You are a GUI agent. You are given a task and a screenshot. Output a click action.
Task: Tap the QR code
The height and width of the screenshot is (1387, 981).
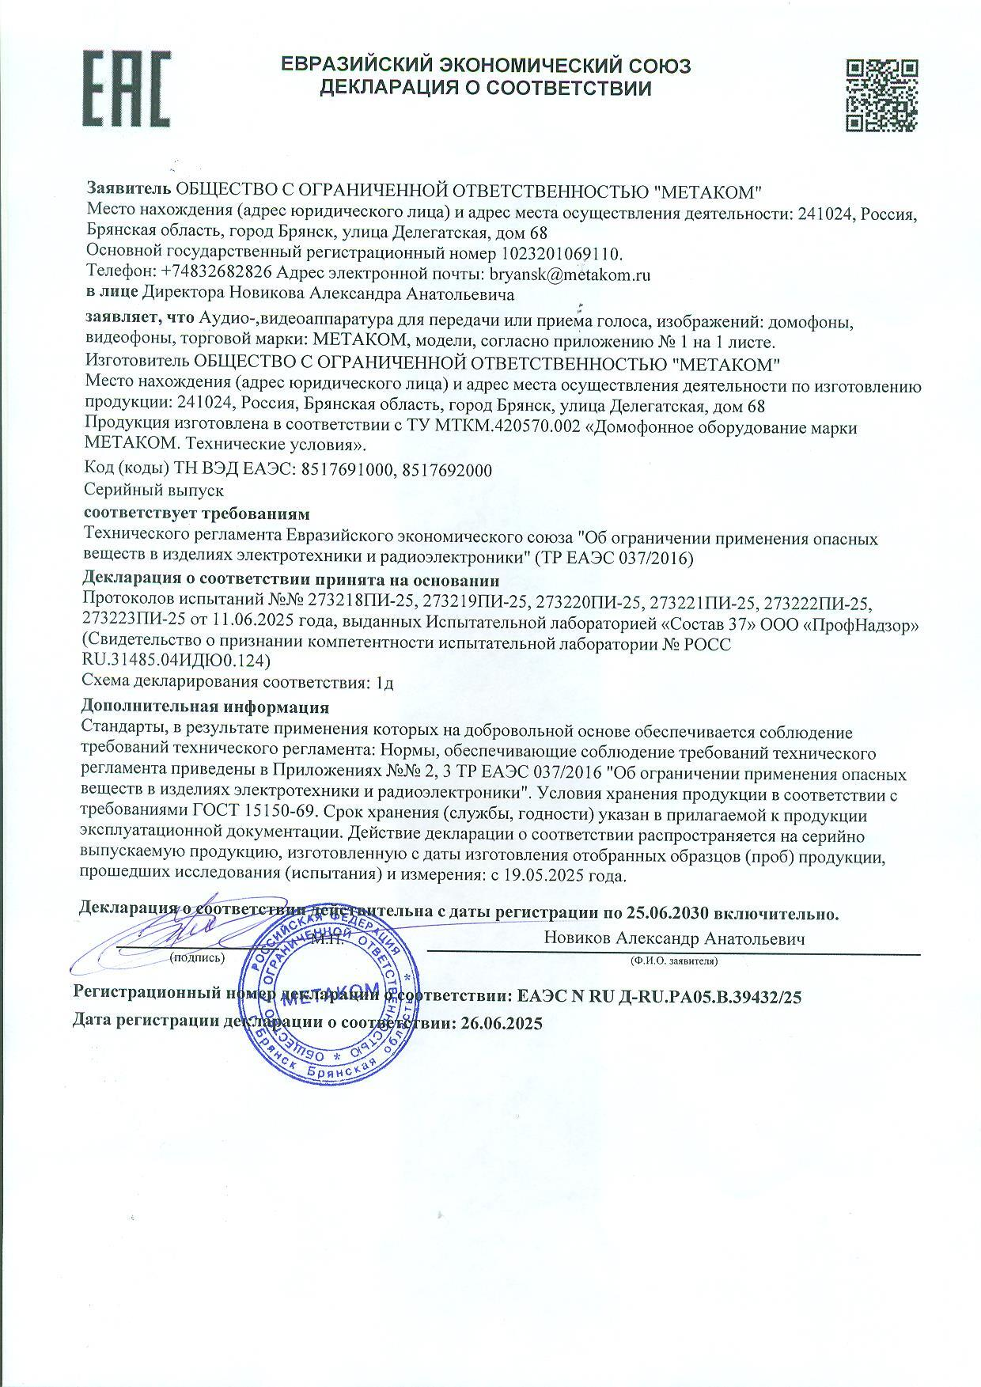tap(881, 94)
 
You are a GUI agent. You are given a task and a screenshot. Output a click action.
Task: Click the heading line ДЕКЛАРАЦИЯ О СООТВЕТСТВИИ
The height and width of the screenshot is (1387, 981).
tap(486, 89)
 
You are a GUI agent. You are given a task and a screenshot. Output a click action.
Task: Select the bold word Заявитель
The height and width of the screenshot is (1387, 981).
tap(128, 191)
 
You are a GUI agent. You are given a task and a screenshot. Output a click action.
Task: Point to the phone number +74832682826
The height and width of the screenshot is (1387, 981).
tap(216, 275)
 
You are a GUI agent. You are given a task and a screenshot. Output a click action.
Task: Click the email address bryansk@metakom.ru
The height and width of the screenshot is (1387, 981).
tap(570, 275)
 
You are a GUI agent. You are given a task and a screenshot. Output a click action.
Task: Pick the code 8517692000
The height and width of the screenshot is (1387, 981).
tap(447, 471)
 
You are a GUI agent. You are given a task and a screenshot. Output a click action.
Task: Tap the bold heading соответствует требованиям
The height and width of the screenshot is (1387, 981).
tap(197, 514)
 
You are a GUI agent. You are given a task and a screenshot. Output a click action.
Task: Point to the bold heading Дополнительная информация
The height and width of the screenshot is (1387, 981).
tap(205, 707)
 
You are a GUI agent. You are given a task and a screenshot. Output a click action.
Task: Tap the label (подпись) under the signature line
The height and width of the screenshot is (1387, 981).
tap(197, 957)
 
